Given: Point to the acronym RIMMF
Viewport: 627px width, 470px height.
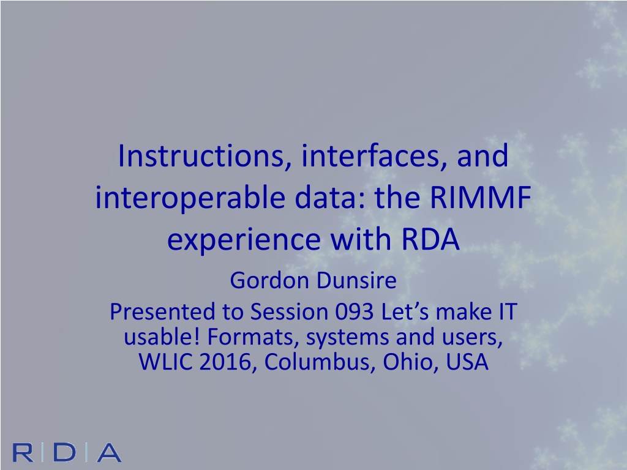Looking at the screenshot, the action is pos(480,198).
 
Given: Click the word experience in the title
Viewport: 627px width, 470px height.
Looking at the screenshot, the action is pos(244,241).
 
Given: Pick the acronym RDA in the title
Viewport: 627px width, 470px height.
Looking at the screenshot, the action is pos(430,239).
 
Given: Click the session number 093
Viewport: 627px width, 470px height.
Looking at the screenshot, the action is pos(354,311).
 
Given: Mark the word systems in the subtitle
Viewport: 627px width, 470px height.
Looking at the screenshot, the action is pos(347,338).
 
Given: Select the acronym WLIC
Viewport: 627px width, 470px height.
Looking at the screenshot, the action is pos(165,362).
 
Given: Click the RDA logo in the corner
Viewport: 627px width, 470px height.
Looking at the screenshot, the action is pos(67,452).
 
